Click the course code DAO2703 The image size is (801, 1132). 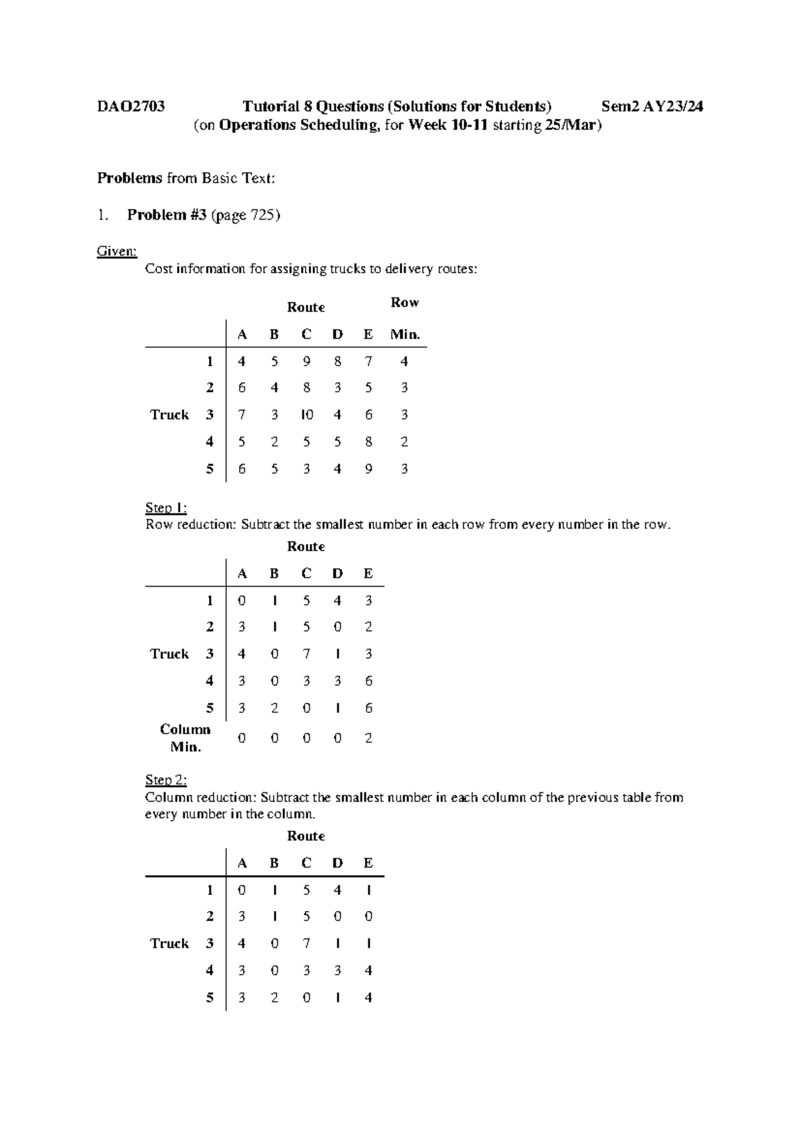pyautogui.click(x=131, y=107)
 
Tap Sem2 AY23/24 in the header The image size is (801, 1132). pyautogui.click(x=652, y=107)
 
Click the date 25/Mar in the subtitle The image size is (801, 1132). pyautogui.click(x=571, y=125)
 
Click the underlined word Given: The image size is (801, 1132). pyautogui.click(x=117, y=252)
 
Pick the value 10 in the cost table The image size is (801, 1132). pyautogui.click(x=306, y=414)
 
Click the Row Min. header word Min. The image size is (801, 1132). pyautogui.click(x=405, y=334)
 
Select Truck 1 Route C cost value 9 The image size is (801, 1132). pyautogui.click(x=306, y=362)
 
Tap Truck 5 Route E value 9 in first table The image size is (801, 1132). pyautogui.click(x=368, y=469)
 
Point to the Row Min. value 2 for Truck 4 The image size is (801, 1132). pyautogui.click(x=405, y=442)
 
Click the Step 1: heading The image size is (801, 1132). pyautogui.click(x=166, y=508)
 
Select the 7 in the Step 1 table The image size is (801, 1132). pyautogui.click(x=306, y=654)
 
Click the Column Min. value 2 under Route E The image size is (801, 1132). pyautogui.click(x=368, y=738)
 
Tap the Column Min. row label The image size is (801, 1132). pyautogui.click(x=185, y=738)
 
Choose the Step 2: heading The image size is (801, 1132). pyautogui.click(x=166, y=780)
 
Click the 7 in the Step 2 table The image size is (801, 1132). pyautogui.click(x=306, y=944)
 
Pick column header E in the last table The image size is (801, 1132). pyautogui.click(x=368, y=863)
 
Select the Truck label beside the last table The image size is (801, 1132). pyautogui.click(x=170, y=944)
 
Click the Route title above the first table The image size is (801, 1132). pyautogui.click(x=306, y=308)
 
